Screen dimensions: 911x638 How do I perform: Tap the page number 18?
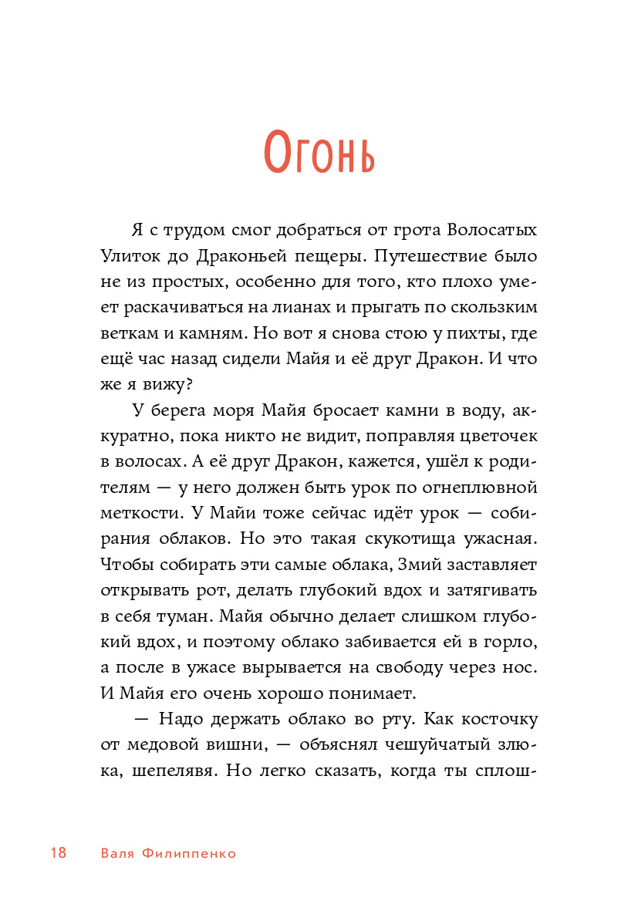tap(58, 853)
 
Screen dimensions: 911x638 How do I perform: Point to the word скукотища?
tap(371, 538)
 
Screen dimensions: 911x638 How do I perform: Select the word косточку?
tap(498, 719)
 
